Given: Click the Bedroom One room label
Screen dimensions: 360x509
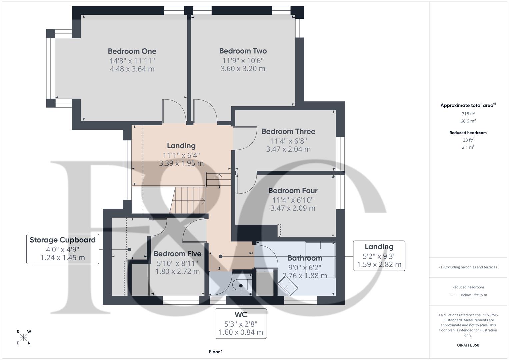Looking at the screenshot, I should [132, 51].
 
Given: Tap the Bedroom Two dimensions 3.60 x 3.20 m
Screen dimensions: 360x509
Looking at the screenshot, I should [243, 69].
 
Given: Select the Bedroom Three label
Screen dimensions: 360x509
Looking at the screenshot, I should [288, 132].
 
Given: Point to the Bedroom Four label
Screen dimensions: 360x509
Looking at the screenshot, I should [293, 191].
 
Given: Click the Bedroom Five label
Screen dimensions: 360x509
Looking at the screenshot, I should [177, 254].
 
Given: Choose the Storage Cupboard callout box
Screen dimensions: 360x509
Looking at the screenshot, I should [63, 249].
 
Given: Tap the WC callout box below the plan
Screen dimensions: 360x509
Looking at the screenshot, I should [241, 323].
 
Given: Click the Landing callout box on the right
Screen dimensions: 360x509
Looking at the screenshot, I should [379, 256].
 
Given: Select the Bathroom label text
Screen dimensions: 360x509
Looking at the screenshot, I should [305, 258].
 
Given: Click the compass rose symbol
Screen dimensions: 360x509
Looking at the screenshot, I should [23, 337].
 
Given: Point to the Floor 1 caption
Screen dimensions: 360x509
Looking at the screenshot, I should [216, 352].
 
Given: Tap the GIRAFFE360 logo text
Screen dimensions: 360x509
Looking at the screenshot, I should [468, 345].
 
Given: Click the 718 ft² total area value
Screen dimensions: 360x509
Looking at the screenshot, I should [468, 114].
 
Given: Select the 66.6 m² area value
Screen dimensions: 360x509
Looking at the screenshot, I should [468, 121].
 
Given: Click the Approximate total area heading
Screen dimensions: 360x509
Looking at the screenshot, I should [468, 105].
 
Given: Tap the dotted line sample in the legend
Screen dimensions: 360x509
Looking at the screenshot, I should [453, 295].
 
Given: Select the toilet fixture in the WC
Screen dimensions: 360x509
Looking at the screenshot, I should [242, 285].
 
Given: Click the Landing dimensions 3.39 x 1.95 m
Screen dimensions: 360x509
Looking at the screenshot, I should [181, 164].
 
